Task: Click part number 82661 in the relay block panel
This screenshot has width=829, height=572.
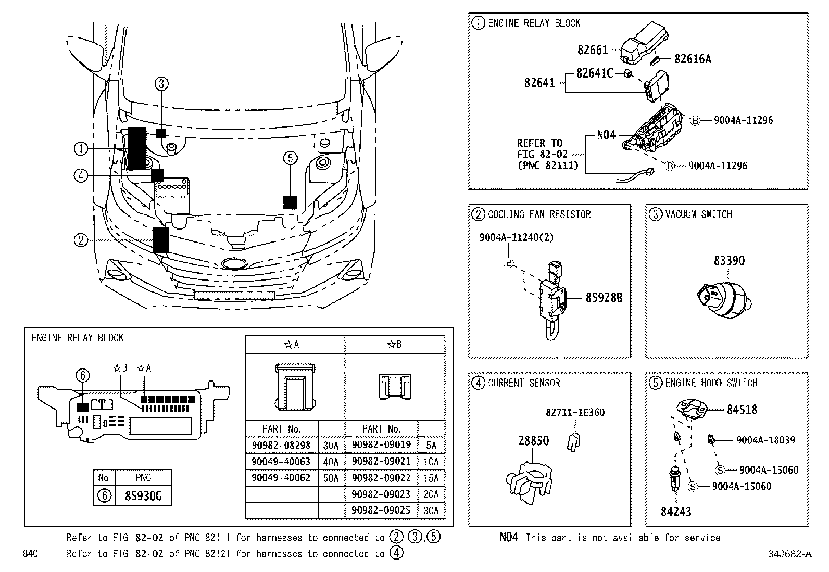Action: point(593,49)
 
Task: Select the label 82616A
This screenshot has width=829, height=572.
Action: point(692,59)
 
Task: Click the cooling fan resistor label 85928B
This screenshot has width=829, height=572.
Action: point(604,298)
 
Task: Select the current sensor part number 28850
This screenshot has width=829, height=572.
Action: point(533,441)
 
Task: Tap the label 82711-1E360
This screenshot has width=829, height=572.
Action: point(575,412)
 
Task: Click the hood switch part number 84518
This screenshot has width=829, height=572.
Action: point(742,410)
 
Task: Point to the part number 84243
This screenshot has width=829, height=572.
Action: point(676,512)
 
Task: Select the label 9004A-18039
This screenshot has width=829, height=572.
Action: point(765,440)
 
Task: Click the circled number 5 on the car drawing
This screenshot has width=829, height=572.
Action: point(291,157)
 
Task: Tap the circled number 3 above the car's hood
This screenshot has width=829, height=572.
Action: point(161,83)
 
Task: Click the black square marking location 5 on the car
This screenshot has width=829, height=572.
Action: point(290,202)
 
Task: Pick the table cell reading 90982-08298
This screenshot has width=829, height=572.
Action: point(281,445)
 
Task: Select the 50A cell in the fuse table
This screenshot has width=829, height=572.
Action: point(331,478)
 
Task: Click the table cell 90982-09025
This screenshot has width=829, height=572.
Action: point(381,510)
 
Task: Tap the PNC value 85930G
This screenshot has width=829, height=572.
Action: point(143,496)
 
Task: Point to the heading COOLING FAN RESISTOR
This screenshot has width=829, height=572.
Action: point(539,214)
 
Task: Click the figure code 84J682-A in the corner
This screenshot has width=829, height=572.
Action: point(789,554)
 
